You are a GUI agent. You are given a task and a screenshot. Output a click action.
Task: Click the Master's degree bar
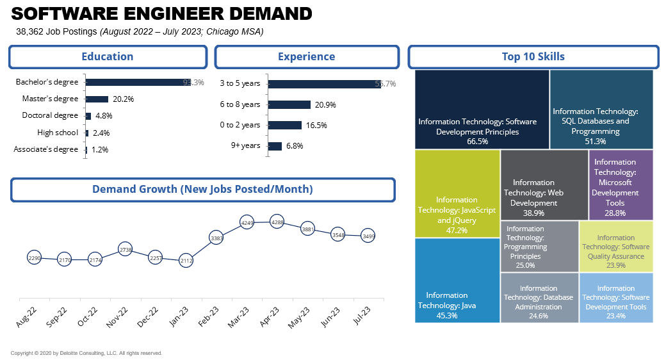point(97,99)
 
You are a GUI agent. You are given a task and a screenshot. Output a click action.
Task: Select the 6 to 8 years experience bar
point(289,104)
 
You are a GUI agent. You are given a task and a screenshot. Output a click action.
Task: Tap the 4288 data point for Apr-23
point(277,223)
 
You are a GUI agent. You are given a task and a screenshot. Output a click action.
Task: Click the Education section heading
point(108,56)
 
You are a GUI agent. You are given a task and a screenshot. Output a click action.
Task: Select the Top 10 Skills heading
point(533,56)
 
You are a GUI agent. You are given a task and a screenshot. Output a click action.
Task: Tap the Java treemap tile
point(457,281)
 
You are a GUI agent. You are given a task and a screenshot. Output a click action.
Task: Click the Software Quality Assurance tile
point(616,247)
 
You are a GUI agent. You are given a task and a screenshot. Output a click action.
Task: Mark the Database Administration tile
point(539,297)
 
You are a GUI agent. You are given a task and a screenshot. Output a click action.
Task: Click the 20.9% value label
point(325,105)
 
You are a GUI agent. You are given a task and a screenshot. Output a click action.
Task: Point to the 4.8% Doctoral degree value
point(104,116)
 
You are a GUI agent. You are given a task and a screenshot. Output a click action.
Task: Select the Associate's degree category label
point(46,149)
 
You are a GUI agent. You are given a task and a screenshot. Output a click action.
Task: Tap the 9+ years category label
point(245,145)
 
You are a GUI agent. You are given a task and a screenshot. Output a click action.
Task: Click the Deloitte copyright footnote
point(86,353)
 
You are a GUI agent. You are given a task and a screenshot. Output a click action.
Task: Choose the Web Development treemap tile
point(544,193)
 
